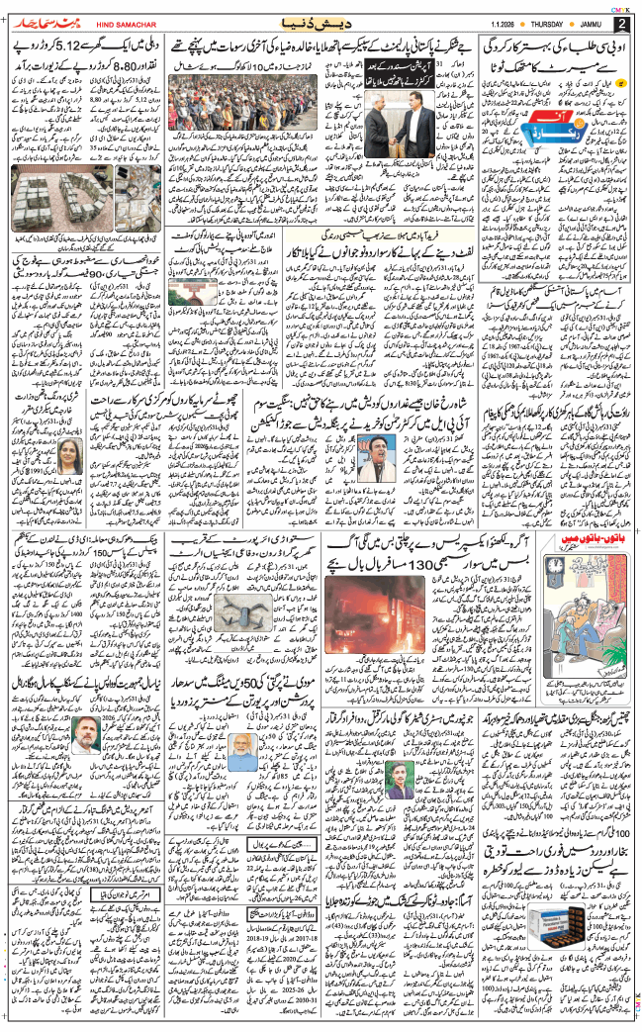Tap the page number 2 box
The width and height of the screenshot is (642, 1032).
click(x=621, y=24)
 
